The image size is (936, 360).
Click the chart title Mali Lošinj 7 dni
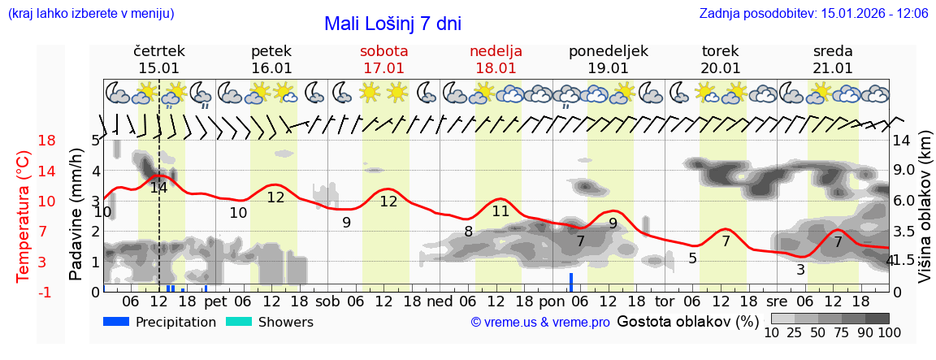(392, 24)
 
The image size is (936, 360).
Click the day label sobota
(383, 50)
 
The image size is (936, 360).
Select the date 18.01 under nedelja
(496, 68)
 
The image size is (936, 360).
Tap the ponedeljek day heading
(608, 50)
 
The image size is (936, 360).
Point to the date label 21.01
(833, 68)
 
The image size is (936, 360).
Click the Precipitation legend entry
(160, 322)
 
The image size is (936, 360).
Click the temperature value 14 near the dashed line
(158, 188)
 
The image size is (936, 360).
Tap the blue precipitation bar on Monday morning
(571, 282)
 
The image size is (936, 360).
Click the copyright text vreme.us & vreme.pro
(540, 323)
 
